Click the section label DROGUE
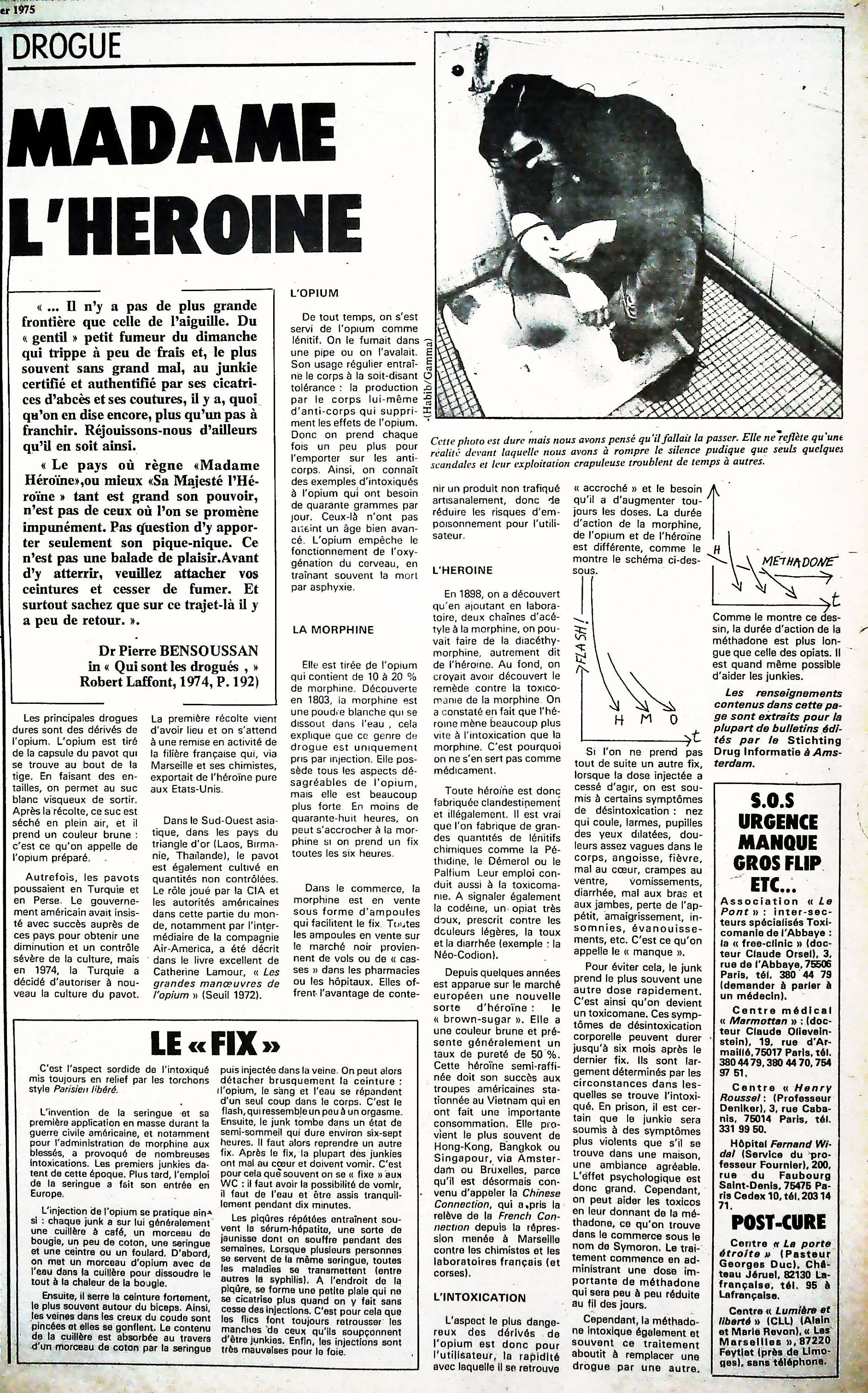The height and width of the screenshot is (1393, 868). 66,46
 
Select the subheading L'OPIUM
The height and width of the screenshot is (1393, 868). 315,293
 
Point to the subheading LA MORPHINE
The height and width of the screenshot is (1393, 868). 333,630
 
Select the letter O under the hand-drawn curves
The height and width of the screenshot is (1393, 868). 674,720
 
